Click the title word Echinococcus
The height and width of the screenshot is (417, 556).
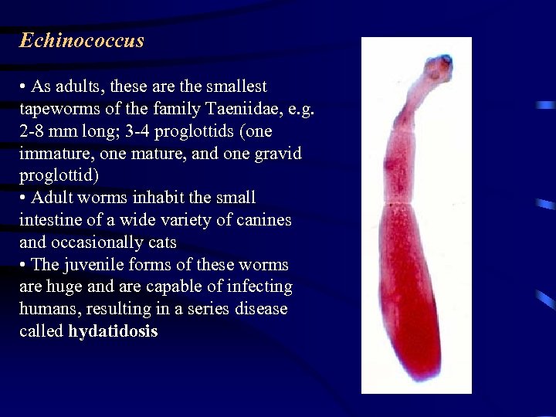click(82, 40)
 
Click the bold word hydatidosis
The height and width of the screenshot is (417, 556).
click(113, 332)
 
